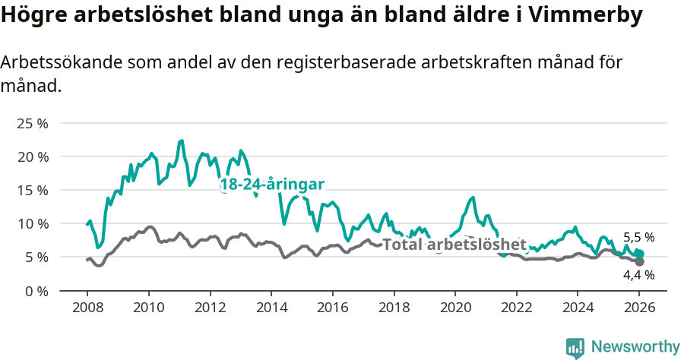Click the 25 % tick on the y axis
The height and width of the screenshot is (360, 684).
pyautogui.click(x=32, y=123)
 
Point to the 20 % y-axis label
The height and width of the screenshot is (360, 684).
pyautogui.click(x=32, y=156)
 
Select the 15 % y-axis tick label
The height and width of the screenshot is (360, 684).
pyautogui.click(x=32, y=190)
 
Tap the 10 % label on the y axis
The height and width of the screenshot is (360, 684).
pyautogui.click(x=32, y=223)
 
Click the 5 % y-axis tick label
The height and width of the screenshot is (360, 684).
pyautogui.click(x=35, y=257)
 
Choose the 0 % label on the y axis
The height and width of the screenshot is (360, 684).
pyautogui.click(x=35, y=290)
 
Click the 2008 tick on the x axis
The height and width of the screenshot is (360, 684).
pyautogui.click(x=87, y=309)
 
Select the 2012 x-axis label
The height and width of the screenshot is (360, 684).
pyautogui.click(x=210, y=309)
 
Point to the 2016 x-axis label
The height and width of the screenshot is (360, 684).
pyautogui.click(x=332, y=309)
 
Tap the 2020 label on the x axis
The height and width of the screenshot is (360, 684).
pyautogui.click(x=455, y=309)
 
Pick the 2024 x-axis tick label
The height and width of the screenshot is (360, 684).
pyautogui.click(x=578, y=309)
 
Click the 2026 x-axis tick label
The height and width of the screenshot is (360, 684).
pyautogui.click(x=639, y=309)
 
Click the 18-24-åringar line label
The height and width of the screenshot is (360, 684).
pyautogui.click(x=272, y=185)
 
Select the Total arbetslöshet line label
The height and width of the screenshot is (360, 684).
pyautogui.click(x=454, y=245)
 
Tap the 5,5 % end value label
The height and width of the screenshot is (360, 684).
pyautogui.click(x=638, y=237)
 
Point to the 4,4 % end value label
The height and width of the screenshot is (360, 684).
pyautogui.click(x=638, y=275)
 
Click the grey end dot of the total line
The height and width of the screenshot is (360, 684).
pyautogui.click(x=639, y=261)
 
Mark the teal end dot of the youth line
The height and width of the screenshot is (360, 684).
pyautogui.click(x=639, y=254)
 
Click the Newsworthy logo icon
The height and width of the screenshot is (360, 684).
pyautogui.click(x=575, y=347)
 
